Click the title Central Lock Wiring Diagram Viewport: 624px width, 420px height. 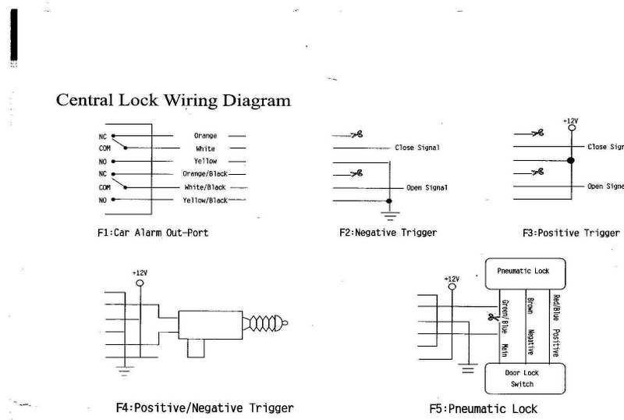(173, 101)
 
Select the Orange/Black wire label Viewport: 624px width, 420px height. (205, 173)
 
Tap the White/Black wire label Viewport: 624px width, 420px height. (204, 187)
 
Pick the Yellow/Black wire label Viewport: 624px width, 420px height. (205, 200)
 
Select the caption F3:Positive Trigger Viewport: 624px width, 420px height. (570, 232)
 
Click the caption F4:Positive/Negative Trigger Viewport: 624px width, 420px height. (204, 408)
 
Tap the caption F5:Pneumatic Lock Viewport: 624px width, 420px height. (483, 408)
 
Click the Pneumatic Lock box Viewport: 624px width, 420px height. (523, 271)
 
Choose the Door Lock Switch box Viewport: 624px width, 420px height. (523, 378)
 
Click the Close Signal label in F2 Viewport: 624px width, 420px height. (417, 147)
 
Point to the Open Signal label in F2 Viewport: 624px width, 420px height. (427, 187)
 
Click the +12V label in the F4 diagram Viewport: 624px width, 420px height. (140, 273)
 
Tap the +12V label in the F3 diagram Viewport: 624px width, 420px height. (570, 121)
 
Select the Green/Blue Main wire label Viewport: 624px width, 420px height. (505, 324)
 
